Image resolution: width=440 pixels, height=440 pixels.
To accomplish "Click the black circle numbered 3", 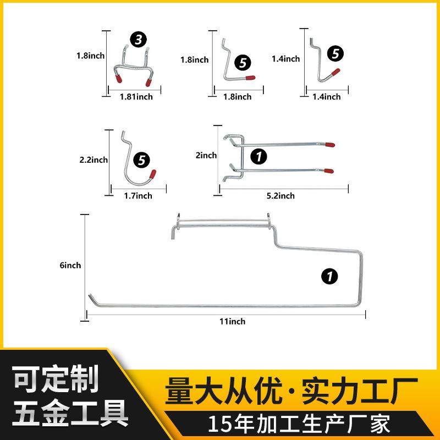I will pyautogui.click(x=137, y=40).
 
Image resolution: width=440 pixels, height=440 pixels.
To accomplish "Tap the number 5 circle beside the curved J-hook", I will pyautogui.click(x=142, y=160).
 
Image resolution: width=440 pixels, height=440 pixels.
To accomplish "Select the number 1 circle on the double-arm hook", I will pyautogui.click(x=258, y=156).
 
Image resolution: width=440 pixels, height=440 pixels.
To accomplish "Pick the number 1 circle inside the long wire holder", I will pyautogui.click(x=329, y=276).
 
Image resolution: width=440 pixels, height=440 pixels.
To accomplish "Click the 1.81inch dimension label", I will pyautogui.click(x=136, y=97).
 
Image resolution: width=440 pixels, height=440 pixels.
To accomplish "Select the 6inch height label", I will pyautogui.click(x=70, y=265).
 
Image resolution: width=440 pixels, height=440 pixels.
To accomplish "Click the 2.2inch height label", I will pyautogui.click(x=94, y=160).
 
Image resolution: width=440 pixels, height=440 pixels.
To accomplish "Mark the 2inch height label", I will pyautogui.click(x=207, y=156).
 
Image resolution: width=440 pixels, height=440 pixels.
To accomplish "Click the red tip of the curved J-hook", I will pyautogui.click(x=153, y=174).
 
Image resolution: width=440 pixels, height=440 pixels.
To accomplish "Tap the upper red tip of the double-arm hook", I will pyautogui.click(x=329, y=145).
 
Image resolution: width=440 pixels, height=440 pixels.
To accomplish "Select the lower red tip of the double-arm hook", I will pyautogui.click(x=329, y=170).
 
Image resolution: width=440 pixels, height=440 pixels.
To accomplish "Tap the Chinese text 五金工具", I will pyautogui.click(x=70, y=411).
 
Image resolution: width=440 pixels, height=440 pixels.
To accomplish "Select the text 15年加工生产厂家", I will pyautogui.click(x=299, y=424).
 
